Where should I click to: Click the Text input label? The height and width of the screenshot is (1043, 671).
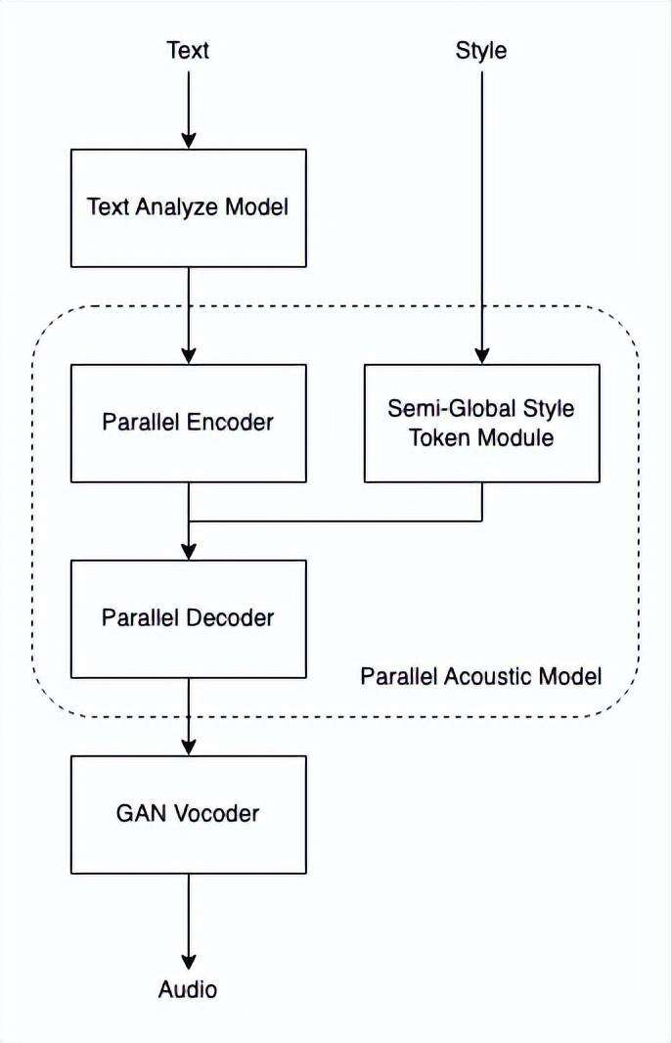tap(188, 51)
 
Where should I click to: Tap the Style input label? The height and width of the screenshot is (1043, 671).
tap(481, 51)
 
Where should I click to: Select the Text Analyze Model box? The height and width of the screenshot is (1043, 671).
tap(188, 207)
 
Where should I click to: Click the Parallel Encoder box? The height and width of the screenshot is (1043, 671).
tap(188, 423)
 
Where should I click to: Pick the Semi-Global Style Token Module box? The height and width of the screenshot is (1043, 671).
tap(481, 423)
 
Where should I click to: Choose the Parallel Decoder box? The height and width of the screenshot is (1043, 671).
tap(188, 618)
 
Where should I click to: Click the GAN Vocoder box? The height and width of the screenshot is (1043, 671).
tap(188, 814)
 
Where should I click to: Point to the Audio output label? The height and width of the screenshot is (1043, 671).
tap(188, 989)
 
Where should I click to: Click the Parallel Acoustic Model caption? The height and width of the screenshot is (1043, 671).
tap(480, 676)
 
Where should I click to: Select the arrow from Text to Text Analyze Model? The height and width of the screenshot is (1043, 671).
tap(188, 108)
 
